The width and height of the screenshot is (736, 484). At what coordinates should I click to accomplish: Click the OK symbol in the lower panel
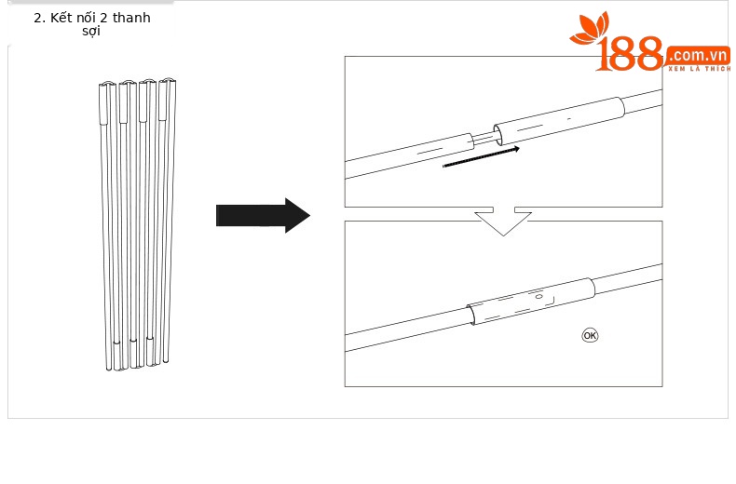pos(590,335)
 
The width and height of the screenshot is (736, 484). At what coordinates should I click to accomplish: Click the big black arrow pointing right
pos(263,215)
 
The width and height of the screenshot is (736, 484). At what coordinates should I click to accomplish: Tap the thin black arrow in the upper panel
pos(481,157)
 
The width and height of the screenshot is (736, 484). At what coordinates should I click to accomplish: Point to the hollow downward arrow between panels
pos(503,221)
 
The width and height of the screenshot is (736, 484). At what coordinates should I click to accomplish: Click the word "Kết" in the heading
pos(61,18)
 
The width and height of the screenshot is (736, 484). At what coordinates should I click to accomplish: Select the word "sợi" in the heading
pos(91,32)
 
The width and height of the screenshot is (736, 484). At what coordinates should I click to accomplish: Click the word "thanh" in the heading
pos(131,18)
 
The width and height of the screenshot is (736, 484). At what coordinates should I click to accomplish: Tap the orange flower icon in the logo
pos(590,28)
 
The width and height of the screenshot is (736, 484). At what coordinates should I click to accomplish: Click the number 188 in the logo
pos(630,54)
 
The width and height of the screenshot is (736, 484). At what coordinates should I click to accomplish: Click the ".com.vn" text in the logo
pos(698,55)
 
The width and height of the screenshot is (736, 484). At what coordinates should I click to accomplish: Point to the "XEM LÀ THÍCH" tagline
pos(700,69)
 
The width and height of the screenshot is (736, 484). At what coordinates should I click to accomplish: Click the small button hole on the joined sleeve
pos(538,296)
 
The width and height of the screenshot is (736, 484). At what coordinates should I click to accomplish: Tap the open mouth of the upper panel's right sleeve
pos(498,135)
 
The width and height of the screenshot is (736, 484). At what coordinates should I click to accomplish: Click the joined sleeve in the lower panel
pos(531,301)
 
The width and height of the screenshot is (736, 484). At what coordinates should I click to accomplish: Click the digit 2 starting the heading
pos(37,19)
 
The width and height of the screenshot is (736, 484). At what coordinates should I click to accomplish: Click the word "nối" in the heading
pos(86,18)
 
